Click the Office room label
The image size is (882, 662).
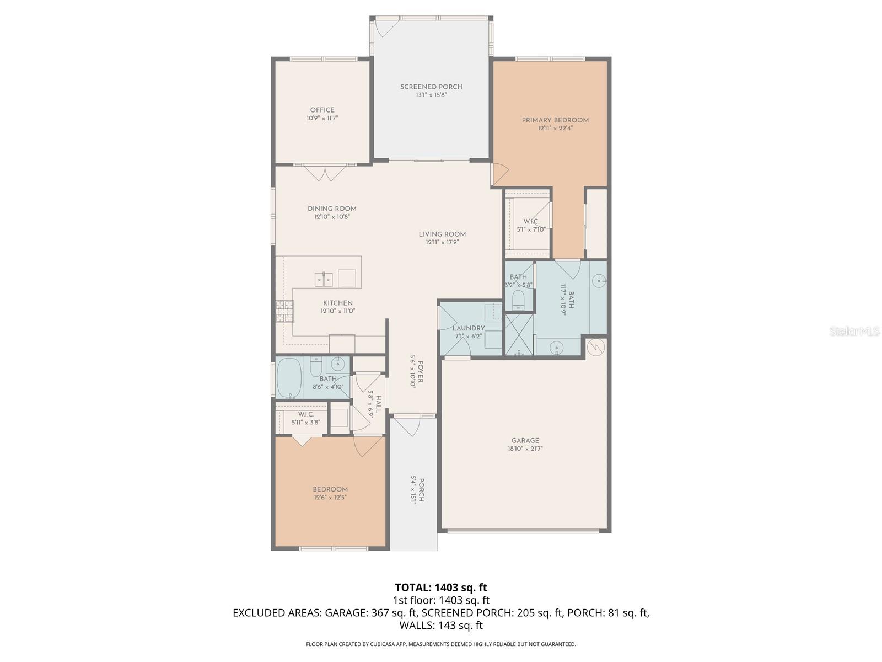(x=322, y=110)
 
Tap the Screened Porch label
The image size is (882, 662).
(x=431, y=87)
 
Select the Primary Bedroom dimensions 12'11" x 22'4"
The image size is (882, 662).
(x=555, y=129)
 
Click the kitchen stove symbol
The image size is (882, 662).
(x=284, y=312)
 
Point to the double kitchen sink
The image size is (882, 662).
(x=324, y=280)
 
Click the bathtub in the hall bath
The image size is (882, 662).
(x=289, y=378)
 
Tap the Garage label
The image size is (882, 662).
(x=525, y=440)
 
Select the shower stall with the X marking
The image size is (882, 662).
(x=519, y=334)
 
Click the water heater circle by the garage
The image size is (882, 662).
(x=596, y=346)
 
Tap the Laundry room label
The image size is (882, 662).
(x=469, y=328)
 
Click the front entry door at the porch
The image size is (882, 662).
(x=408, y=425)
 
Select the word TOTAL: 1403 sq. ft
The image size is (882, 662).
(x=441, y=588)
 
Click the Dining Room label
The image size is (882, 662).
(x=332, y=209)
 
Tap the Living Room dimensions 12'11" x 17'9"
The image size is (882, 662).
(x=442, y=242)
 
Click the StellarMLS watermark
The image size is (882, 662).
(x=853, y=331)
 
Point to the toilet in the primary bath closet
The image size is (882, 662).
(x=518, y=300)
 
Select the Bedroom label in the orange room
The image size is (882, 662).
(x=330, y=489)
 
